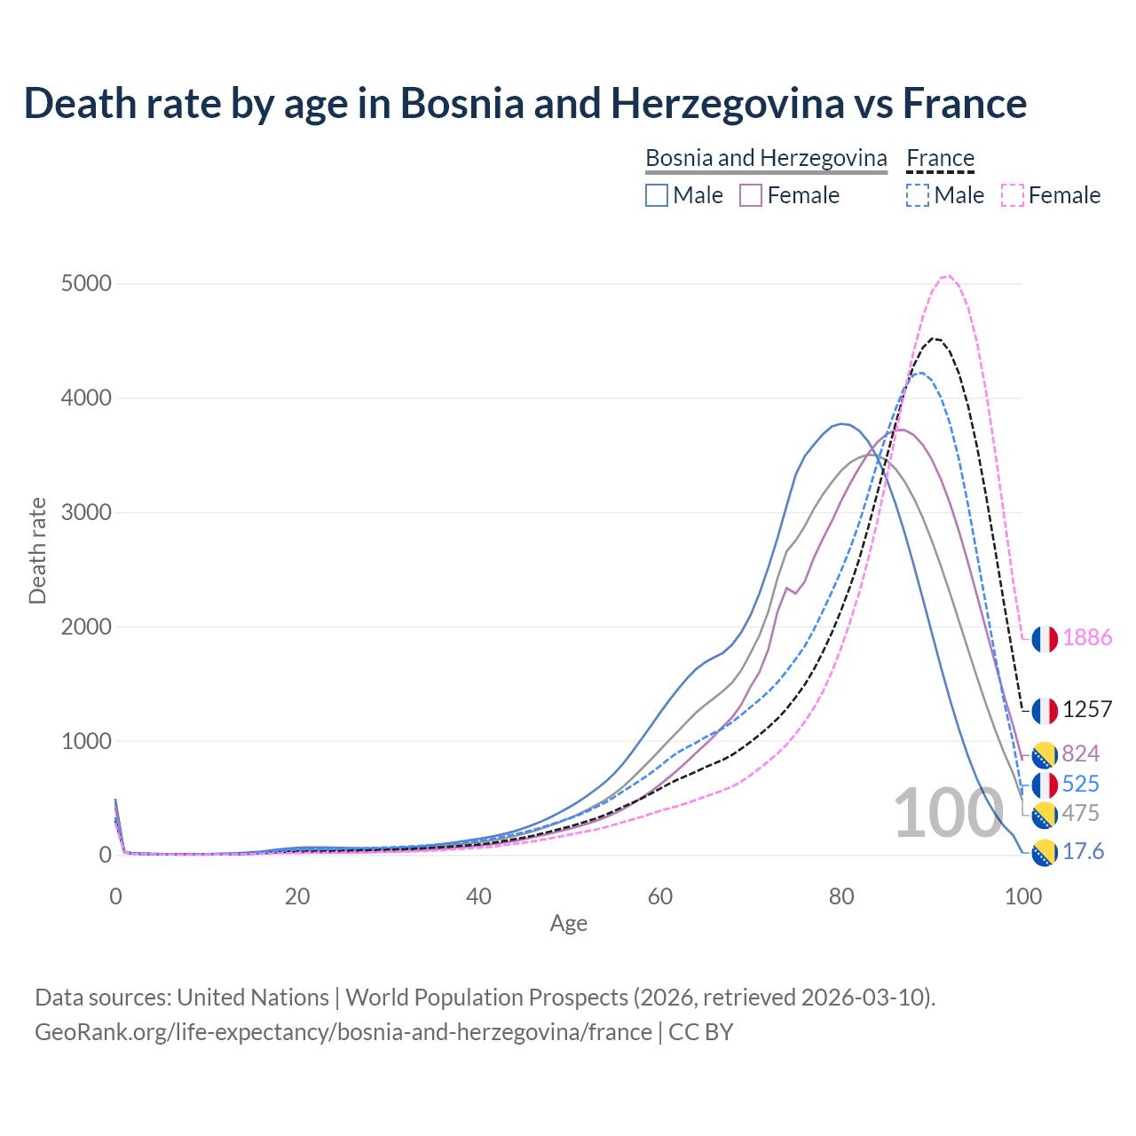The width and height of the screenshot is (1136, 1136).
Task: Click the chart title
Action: coord(525,103)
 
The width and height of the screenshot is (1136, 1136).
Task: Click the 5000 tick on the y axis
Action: coord(86,284)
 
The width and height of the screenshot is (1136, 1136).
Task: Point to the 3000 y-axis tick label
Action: coord(86,513)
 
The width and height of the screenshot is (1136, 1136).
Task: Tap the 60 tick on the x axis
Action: coord(660,896)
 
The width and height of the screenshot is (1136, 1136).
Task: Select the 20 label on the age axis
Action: coord(297,896)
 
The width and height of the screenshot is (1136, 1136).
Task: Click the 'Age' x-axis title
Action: coord(568,924)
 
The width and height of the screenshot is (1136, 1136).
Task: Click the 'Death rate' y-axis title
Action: coord(37,550)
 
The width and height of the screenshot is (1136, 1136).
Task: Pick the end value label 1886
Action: coord(1086,638)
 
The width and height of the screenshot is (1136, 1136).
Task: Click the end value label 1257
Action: coord(1086,710)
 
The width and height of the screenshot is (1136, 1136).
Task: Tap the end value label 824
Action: coord(1080,754)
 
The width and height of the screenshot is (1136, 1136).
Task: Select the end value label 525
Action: coord(1080,785)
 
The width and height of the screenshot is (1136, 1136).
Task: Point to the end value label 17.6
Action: coord(1083,852)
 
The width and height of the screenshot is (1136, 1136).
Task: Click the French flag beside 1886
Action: coord(1045,639)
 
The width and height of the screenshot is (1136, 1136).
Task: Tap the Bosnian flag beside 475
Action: coord(1045,814)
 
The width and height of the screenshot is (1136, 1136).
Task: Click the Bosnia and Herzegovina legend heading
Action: coord(766,158)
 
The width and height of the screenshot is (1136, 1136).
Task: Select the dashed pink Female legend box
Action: coord(1013,195)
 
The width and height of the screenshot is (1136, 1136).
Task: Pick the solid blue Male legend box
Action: coord(657,195)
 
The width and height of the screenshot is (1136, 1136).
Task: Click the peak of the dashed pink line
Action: coord(947,276)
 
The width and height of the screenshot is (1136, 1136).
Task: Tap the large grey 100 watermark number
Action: coord(948,813)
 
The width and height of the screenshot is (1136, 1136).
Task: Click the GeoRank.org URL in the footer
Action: coord(343,1032)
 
